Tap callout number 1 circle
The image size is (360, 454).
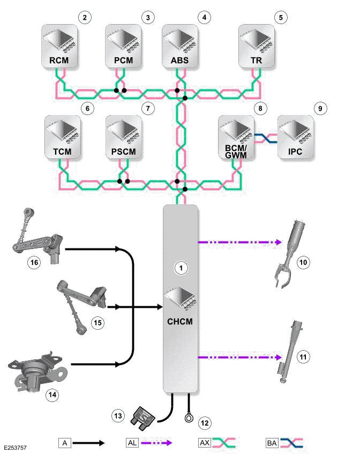coord(182,268)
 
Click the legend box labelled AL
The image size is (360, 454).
coord(132,443)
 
